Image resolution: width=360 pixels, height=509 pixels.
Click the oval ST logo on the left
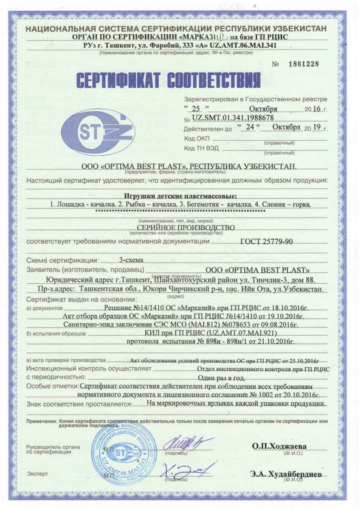click(98, 132)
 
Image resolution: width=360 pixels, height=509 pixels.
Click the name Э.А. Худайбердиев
click(286, 473)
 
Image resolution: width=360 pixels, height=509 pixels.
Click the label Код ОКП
click(196, 139)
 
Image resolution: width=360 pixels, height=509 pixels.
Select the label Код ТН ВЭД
click(201, 148)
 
